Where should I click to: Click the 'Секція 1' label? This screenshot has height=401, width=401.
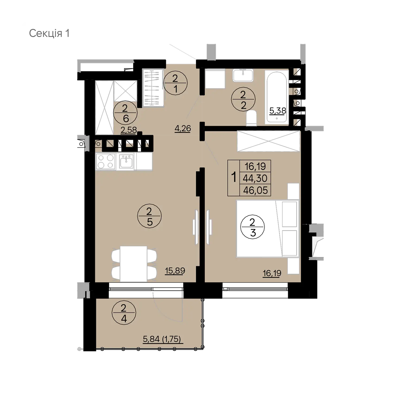pos(49,33)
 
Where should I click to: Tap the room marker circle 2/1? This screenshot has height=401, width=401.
pos(175,83)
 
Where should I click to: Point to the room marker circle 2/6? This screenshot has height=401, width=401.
pos(125,113)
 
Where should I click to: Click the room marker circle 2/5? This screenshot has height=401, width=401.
pos(149,217)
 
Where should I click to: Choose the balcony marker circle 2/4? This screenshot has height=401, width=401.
pos(124,313)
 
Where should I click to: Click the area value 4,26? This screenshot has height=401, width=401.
pos(183,129)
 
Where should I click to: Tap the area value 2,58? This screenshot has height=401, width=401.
pos(129,130)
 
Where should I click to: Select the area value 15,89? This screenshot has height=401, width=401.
pos(175,271)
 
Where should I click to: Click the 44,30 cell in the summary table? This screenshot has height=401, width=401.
pos(256,178)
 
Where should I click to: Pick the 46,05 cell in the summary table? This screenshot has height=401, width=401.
pos(256,190)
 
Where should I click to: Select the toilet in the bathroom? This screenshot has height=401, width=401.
pos(251,118)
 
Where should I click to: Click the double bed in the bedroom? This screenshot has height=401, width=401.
pos(258,229)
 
